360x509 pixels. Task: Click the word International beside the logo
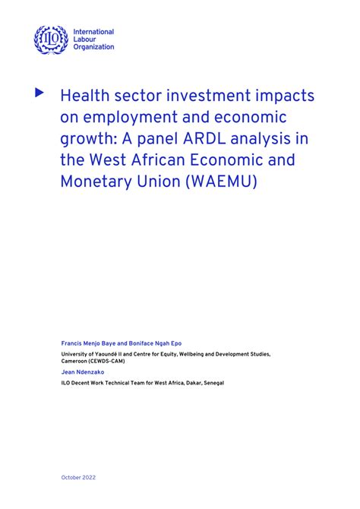point(94,32)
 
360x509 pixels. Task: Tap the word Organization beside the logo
point(94,47)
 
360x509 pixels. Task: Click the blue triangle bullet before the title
point(40,93)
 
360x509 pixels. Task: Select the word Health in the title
point(84,96)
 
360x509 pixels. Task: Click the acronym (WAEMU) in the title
point(226,184)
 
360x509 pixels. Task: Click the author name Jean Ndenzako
point(83,372)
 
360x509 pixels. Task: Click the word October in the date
point(71,477)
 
